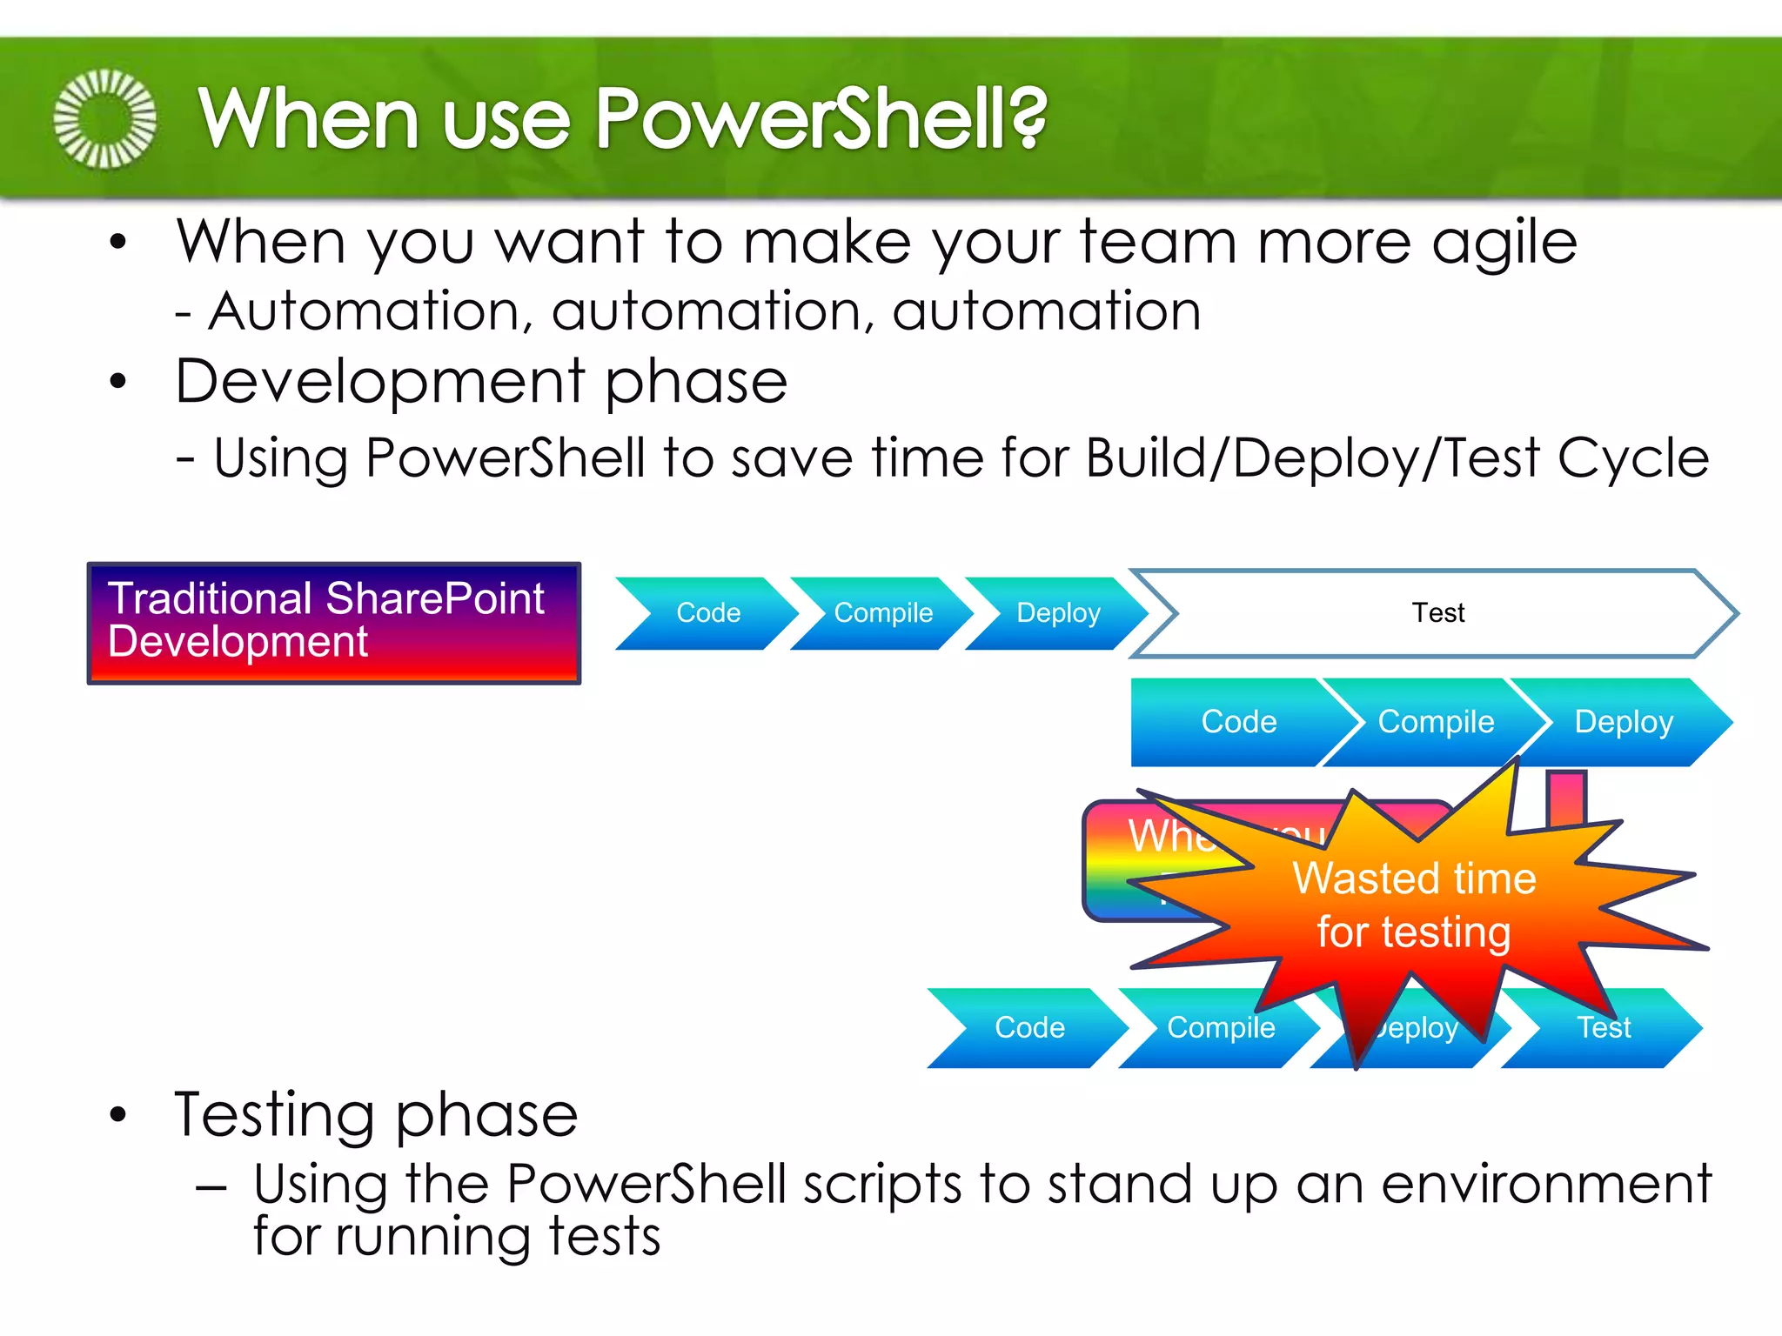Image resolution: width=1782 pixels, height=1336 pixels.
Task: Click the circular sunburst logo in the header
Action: coord(105,118)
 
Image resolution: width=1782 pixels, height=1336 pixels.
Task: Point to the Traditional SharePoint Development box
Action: coord(334,623)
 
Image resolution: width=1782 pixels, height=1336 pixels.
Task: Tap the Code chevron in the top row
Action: coord(708,613)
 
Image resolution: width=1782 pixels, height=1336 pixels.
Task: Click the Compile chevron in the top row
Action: coord(882,613)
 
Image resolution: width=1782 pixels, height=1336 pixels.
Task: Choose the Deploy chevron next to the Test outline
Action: coord(1058,613)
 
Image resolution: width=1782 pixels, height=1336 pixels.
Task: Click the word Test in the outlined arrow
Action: coord(1437,613)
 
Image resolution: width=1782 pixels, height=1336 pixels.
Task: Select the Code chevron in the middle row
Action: coord(1238,722)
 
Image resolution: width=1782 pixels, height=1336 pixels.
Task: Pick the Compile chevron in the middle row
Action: coord(1436,722)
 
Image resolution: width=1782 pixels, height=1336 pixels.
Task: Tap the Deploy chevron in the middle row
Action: coord(1624,722)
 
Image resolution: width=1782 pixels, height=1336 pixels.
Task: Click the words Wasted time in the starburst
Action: coord(1414,878)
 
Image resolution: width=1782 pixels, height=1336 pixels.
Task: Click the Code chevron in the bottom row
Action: coord(1029,1028)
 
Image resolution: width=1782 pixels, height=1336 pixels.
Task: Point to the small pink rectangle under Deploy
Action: coord(1566,796)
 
